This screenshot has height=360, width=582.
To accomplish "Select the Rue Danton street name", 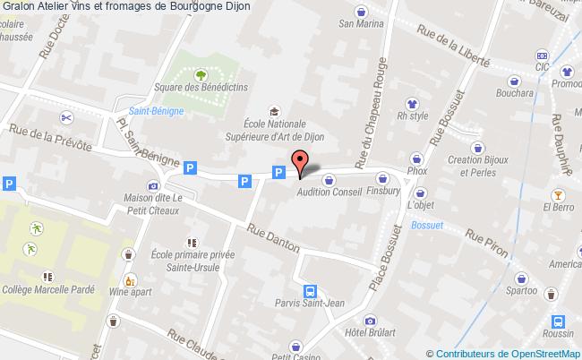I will point(275,236).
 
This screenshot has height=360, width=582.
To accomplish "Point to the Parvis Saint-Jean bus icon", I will point(310,291).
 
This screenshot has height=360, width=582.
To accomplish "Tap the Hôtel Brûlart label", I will point(370,333).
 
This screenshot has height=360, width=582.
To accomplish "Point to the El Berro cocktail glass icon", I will point(560,194).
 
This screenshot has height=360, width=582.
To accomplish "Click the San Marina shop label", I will point(361,25).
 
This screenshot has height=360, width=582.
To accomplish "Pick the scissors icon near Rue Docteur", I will point(65,117).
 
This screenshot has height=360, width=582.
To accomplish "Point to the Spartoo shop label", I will point(521,290).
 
